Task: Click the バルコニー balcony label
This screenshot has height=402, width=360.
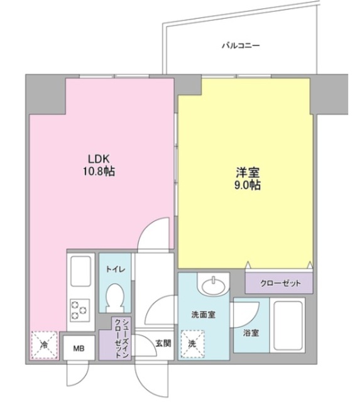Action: click(x=241, y=45)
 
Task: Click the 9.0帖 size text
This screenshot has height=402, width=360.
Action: click(x=246, y=186)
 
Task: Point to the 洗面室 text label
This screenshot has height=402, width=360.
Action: click(x=204, y=315)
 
